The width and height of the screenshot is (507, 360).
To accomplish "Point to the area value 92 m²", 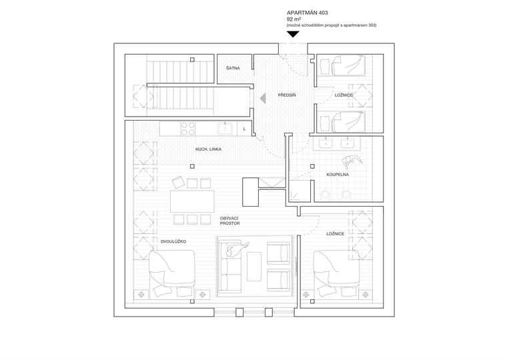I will click(x=294, y=19).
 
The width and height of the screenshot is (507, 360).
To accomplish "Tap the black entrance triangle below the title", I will click(x=292, y=33).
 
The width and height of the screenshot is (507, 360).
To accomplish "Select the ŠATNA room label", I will click(x=233, y=67).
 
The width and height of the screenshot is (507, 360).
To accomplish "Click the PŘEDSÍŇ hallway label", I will click(x=287, y=96).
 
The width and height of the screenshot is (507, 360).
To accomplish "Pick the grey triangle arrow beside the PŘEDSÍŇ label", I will click(x=264, y=97).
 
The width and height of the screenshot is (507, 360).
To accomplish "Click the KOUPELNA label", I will click(x=338, y=175).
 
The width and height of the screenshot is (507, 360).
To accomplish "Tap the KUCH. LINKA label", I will click(x=208, y=149).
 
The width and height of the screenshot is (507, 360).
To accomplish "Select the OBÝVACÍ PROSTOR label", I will click(x=229, y=221).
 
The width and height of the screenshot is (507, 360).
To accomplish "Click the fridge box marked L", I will click(x=244, y=127).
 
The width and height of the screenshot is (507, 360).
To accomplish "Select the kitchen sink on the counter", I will click(x=227, y=126).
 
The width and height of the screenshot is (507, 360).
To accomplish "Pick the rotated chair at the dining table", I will click(x=177, y=182).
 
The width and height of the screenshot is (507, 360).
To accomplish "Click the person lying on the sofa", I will click(x=235, y=250).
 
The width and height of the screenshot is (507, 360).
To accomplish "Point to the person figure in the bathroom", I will click(x=350, y=161).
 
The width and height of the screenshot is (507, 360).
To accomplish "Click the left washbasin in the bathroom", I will click(x=326, y=142).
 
